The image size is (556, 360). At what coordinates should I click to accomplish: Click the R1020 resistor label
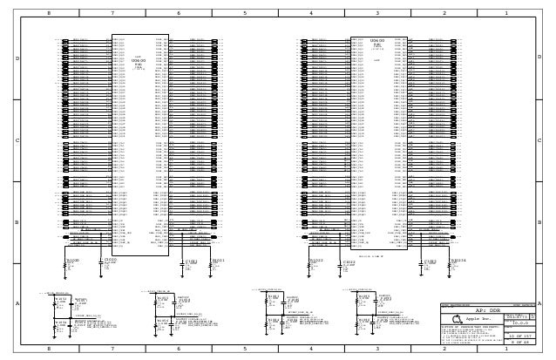click(x=73, y=260)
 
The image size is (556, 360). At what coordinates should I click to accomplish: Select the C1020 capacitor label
click(x=110, y=260)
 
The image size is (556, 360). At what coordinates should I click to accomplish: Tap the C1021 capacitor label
click(x=191, y=261)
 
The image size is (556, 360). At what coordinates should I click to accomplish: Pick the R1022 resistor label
click(x=316, y=260)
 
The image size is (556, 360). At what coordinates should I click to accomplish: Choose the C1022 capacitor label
click(x=348, y=261)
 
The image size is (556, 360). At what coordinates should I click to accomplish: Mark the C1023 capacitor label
click(x=431, y=261)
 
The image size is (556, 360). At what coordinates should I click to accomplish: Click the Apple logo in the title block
click(x=458, y=320)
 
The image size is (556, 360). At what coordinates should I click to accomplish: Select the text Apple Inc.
click(x=480, y=320)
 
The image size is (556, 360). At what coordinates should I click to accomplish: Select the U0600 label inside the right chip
click(x=377, y=41)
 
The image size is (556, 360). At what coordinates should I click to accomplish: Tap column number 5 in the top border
click(x=245, y=14)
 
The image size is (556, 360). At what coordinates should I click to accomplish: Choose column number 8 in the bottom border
click(x=48, y=349)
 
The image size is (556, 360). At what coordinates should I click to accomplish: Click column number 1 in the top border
click(x=505, y=14)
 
